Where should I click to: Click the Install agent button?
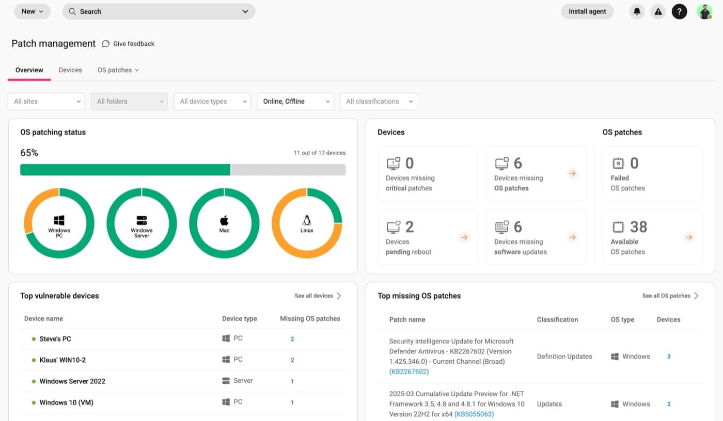pos(587,11)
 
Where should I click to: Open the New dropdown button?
pos(32,11)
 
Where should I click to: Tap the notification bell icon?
pos(637,11)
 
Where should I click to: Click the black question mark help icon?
pos(680,11)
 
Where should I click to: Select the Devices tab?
pos(70,70)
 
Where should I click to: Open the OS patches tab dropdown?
pos(118,70)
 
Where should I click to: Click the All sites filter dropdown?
pos(46,102)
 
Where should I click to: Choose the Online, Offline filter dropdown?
pos(295,102)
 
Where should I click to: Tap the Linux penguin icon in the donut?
pos(307,220)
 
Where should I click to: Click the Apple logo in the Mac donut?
pos(224,220)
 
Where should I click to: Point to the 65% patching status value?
pos(29,153)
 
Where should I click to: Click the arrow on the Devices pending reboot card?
pos(464,237)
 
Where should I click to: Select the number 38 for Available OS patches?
pos(638,227)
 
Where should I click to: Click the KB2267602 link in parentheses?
pos(409,371)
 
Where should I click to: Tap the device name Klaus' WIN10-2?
pos(62,360)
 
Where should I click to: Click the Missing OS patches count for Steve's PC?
pos(292,339)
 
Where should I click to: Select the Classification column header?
pos(557,319)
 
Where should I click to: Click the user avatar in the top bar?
pos(704,11)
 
